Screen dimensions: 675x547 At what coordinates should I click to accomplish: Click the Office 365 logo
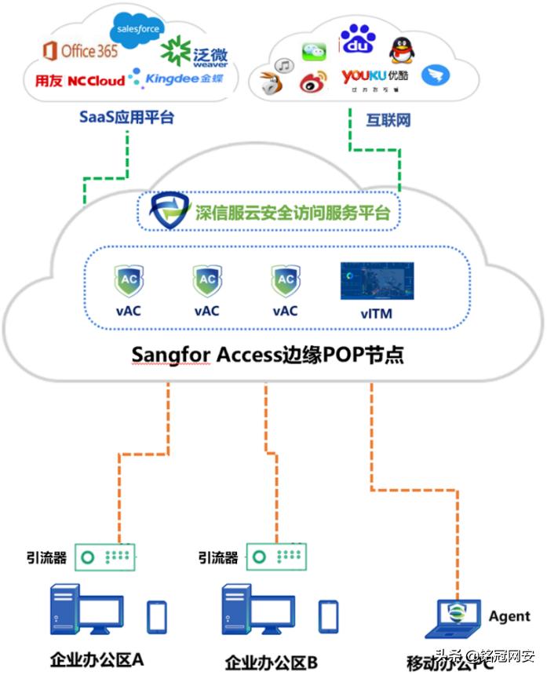coord(79,52)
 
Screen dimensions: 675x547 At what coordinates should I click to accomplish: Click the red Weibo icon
coord(312,81)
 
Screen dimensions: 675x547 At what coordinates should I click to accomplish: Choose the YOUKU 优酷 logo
coord(374,76)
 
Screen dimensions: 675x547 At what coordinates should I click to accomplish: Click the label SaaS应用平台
coord(126,118)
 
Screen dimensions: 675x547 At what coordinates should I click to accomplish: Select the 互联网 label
coord(388,121)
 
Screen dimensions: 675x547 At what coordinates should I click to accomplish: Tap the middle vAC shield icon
coord(206,280)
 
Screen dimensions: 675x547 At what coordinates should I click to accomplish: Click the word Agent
coord(509,616)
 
